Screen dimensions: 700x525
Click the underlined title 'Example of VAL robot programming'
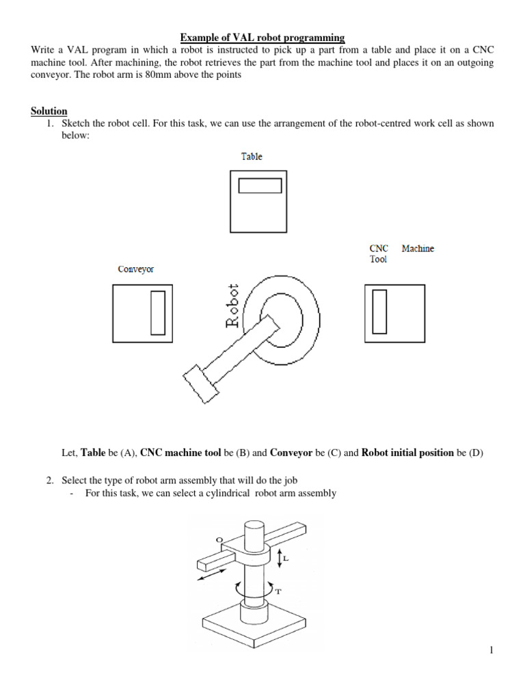coord(262,37)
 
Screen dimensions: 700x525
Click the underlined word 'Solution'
coord(49,111)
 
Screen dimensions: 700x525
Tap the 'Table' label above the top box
coord(252,157)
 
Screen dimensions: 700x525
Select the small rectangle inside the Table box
coord(260,186)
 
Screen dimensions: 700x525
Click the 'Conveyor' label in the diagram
coord(136,269)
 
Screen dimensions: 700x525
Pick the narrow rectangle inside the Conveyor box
coord(158,312)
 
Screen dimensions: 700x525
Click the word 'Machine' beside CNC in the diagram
coord(418,249)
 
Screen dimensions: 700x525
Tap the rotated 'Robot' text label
coord(233,306)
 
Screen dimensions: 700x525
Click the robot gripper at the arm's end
coord(200,383)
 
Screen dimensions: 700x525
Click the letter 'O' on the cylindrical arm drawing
coord(219,540)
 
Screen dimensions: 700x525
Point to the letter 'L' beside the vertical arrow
coord(286,558)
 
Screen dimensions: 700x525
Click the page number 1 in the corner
coord(491,650)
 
